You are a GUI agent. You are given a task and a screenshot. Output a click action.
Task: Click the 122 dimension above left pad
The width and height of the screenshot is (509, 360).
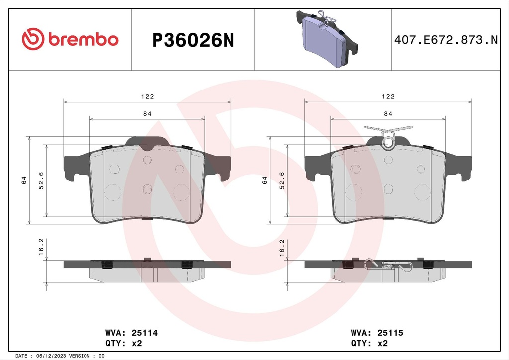(x=147, y=96)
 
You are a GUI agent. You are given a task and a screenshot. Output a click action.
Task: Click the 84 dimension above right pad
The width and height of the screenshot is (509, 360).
(x=388, y=114)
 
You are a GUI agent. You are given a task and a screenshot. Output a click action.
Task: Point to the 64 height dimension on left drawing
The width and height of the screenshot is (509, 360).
(x=24, y=180)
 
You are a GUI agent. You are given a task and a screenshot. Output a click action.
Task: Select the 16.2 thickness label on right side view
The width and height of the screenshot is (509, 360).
(x=281, y=246)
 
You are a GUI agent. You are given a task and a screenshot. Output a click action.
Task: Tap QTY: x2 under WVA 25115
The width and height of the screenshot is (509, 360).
(x=369, y=343)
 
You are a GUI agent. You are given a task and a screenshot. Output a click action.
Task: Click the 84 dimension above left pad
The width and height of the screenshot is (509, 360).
(x=147, y=114)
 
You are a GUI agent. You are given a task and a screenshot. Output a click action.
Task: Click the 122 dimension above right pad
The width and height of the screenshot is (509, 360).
(x=388, y=96)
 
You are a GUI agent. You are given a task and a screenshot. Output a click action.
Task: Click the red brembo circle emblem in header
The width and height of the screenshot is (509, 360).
(x=33, y=39)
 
